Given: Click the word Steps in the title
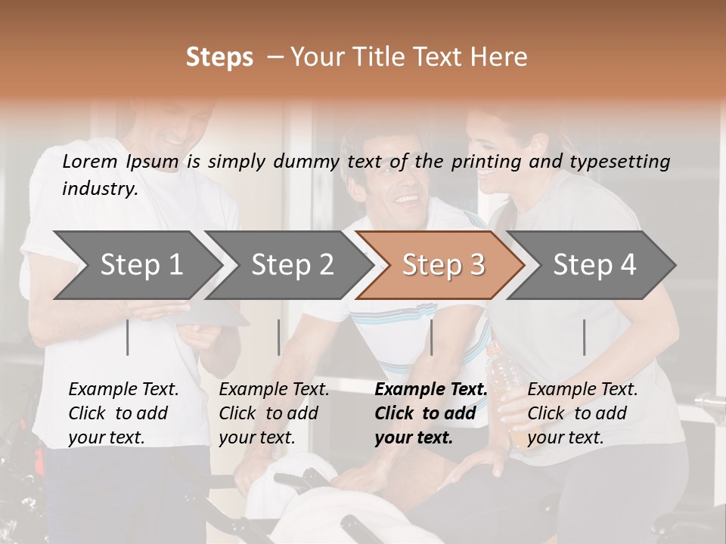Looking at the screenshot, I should pos(219,57).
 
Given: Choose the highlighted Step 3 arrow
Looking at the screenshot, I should pos(443,264).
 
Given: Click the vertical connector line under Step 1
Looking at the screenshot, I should pos(128,337).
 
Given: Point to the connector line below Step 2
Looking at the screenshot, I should pos(279,337).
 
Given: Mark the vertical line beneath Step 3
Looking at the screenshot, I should pos(431,337).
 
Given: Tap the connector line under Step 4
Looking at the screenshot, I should pos(584,337).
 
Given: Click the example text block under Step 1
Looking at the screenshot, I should pos(123,413).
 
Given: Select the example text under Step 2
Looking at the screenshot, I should pos(274,413).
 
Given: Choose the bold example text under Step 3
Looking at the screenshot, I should pos(430,413).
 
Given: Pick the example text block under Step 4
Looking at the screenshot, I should pos(582,413).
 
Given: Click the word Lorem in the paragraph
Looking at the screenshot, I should pos(90,161).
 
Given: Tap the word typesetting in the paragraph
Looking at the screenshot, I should pos(619,161).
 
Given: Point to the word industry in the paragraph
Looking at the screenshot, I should pos(99,188).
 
